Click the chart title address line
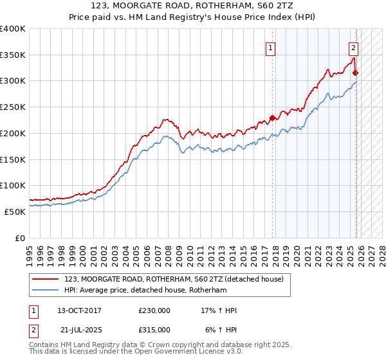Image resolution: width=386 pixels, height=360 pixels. (x=192, y=6)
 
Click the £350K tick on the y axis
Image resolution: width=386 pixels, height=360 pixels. (x=13, y=55)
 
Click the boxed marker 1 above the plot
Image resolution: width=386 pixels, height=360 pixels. (x=271, y=47)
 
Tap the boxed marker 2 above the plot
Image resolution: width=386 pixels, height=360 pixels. (x=353, y=47)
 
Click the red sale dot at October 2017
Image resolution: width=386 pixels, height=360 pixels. (x=272, y=118)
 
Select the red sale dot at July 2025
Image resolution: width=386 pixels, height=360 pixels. (x=356, y=73)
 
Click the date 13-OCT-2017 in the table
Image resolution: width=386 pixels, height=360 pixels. (x=79, y=310)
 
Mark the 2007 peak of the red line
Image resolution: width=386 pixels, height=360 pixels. (x=165, y=119)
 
